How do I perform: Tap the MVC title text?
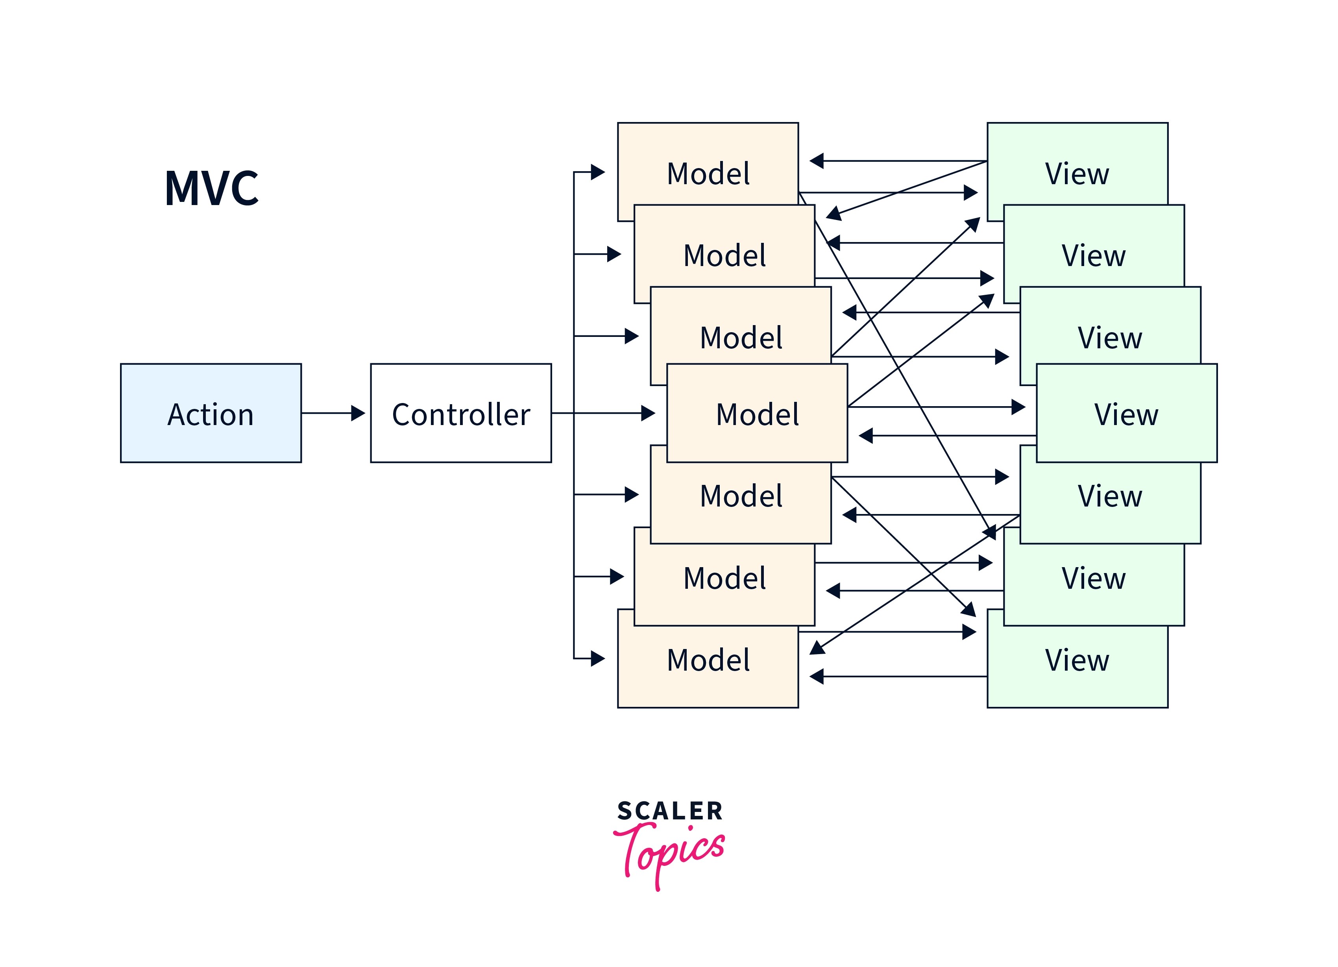click(x=211, y=188)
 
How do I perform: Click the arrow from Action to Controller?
click(x=333, y=413)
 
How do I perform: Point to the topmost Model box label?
click(x=708, y=174)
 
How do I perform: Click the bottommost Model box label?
click(x=708, y=660)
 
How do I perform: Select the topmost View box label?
click(x=1077, y=174)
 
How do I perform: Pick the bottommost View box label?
click(x=1077, y=660)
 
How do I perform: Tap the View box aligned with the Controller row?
click(x=1126, y=414)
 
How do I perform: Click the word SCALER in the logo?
click(x=669, y=811)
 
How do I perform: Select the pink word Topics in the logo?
click(x=673, y=852)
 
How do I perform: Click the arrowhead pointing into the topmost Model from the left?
click(x=598, y=172)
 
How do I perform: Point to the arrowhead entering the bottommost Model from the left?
click(x=598, y=658)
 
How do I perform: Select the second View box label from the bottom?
click(x=1093, y=578)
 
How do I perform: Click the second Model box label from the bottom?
click(x=724, y=578)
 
